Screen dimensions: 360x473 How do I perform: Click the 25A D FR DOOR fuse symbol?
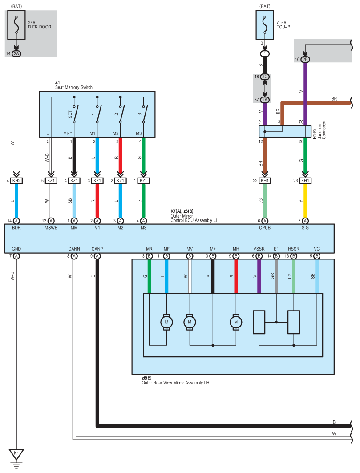pyautogui.click(x=16, y=25)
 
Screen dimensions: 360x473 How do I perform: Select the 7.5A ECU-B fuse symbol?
pyautogui.click(x=265, y=25)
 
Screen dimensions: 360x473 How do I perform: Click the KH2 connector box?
pyautogui.click(x=16, y=181)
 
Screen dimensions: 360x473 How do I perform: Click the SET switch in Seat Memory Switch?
pyautogui.click(x=74, y=114)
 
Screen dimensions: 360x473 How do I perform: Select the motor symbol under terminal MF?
pyautogui.click(x=166, y=322)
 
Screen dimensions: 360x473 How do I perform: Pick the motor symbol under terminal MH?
pyautogui.click(x=236, y=322)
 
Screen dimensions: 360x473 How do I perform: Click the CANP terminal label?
pyautogui.click(x=97, y=249)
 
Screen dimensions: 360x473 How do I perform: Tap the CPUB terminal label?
pyautogui.click(x=265, y=228)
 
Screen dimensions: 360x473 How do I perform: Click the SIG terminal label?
pyautogui.click(x=305, y=228)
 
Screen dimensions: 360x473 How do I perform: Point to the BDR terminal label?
pyautogui.click(x=16, y=228)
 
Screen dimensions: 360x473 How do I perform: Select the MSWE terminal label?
pyautogui.click(x=51, y=228)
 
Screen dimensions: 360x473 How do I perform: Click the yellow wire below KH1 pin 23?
pyautogui.click(x=305, y=201)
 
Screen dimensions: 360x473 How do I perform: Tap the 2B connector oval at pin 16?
pyautogui.click(x=305, y=60)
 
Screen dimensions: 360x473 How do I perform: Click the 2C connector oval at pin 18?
pyautogui.click(x=265, y=77)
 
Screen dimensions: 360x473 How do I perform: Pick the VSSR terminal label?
pyautogui.click(x=259, y=249)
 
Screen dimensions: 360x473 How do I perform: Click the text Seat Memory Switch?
pyautogui.click(x=73, y=87)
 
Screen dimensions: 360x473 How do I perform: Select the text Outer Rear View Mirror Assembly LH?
pyautogui.click(x=175, y=383)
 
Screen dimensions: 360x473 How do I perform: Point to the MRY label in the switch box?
pyautogui.click(x=68, y=133)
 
